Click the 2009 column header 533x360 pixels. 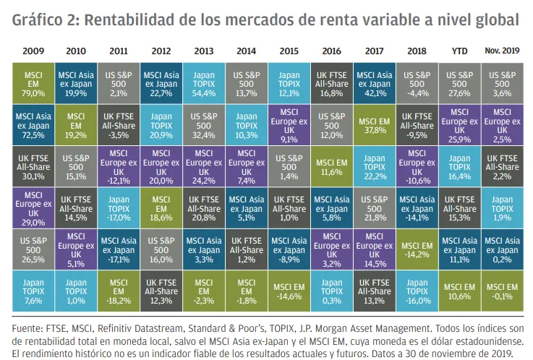33,51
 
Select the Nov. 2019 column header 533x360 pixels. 503,51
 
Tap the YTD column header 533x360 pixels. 460,51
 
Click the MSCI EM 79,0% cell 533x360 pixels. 33,82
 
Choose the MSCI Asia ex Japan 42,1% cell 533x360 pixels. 374,82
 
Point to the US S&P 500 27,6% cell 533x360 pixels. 460,82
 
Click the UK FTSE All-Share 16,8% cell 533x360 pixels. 331,82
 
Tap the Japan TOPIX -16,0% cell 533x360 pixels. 417,291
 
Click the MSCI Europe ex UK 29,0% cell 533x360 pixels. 33,207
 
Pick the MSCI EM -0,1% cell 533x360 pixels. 503,291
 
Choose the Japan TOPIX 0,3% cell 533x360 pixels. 331,291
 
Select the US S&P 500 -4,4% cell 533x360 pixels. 417,82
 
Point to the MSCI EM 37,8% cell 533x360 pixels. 374,124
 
